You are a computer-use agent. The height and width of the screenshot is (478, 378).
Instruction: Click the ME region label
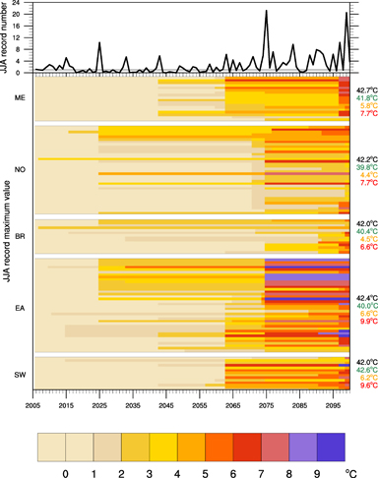click(x=21, y=98)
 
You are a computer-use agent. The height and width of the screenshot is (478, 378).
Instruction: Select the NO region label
click(x=21, y=169)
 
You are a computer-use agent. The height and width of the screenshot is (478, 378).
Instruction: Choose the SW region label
click(x=21, y=375)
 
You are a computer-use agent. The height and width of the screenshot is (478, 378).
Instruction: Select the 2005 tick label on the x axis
click(x=33, y=404)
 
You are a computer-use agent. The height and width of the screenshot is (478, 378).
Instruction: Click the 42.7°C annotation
click(x=366, y=90)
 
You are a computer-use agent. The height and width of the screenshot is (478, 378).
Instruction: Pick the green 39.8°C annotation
click(x=366, y=167)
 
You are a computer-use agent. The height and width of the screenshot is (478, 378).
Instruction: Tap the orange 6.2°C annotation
click(x=366, y=378)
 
